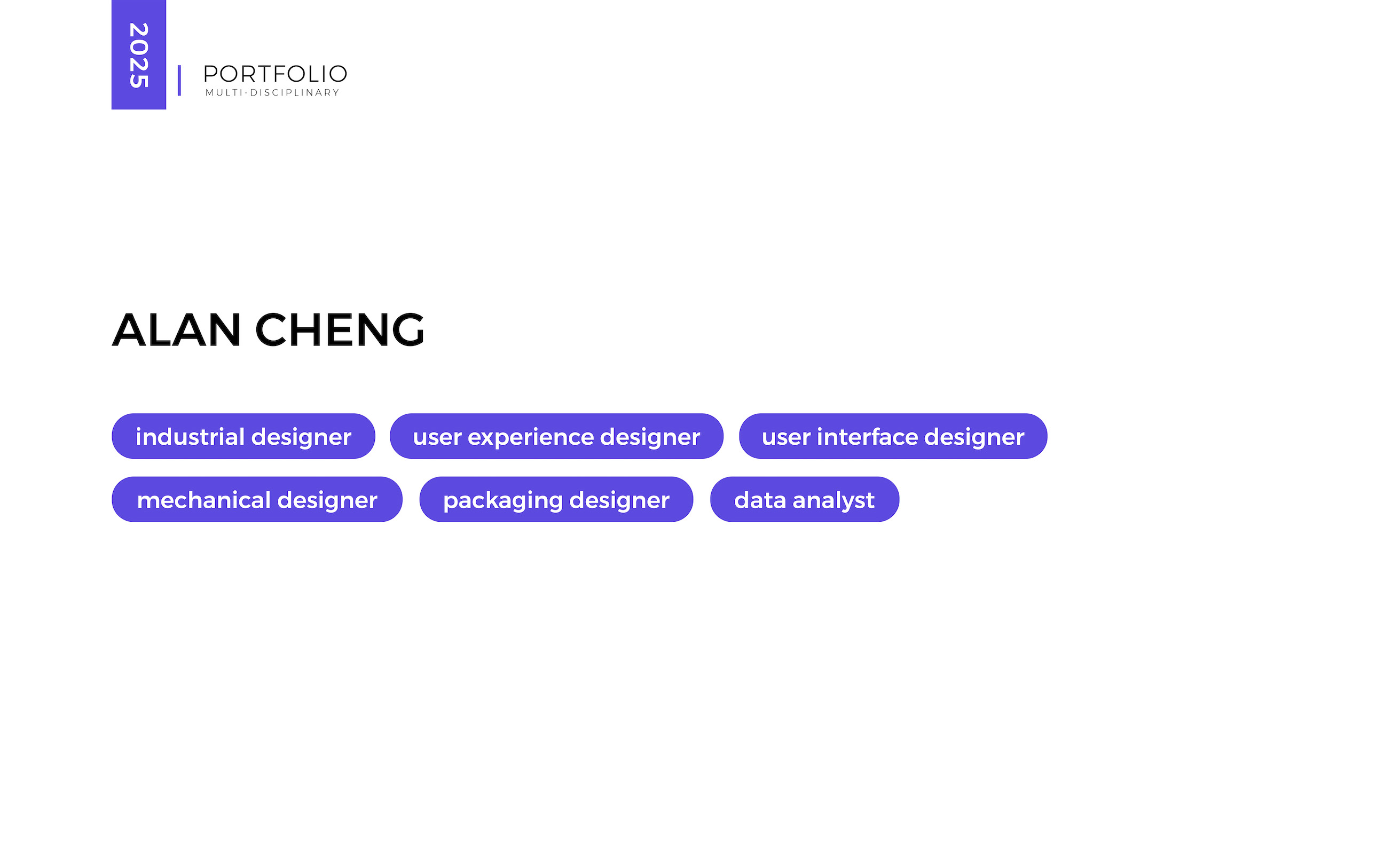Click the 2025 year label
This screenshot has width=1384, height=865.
point(139,56)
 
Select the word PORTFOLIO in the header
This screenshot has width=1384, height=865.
point(275,74)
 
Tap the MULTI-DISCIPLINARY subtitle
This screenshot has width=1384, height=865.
point(272,93)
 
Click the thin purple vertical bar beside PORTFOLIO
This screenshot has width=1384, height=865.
point(179,80)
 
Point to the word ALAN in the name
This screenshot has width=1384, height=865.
point(176,330)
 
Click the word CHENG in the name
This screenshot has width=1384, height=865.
point(340,330)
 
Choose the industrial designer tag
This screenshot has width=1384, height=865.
point(243,436)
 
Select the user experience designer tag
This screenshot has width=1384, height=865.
point(556,436)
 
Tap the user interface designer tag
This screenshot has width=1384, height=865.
point(893,436)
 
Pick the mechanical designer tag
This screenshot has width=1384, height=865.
point(257,499)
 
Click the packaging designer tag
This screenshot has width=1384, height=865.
point(556,499)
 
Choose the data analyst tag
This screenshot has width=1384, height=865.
point(804,499)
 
